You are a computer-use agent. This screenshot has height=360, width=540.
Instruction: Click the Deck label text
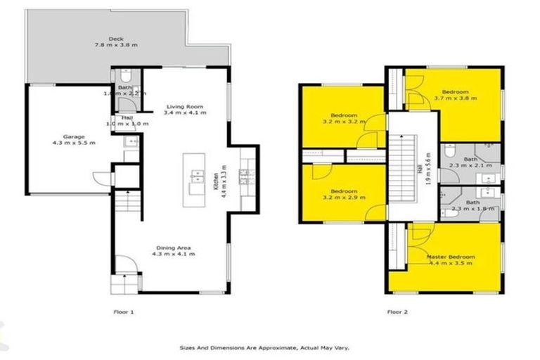(x=116, y=39)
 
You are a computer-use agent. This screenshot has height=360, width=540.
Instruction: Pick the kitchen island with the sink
(x=194, y=179)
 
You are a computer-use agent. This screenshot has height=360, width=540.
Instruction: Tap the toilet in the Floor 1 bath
(x=124, y=74)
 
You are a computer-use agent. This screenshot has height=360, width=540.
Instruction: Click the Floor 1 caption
(x=123, y=311)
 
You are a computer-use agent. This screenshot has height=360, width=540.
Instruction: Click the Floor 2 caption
(x=397, y=311)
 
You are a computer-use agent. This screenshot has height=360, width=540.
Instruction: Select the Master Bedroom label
(x=451, y=257)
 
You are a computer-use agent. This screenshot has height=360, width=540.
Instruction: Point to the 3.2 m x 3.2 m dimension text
(x=345, y=122)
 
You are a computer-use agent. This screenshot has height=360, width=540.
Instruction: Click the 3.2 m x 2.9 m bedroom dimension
(x=344, y=198)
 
